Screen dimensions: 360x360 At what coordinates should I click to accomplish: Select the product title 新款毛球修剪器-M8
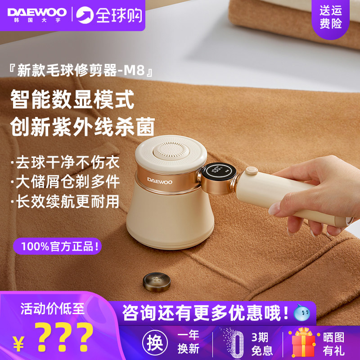83,71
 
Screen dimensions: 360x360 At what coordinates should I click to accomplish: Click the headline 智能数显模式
72,99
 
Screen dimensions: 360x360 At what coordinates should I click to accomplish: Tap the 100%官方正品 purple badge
58,246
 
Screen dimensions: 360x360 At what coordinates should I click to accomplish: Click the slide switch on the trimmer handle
251,171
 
